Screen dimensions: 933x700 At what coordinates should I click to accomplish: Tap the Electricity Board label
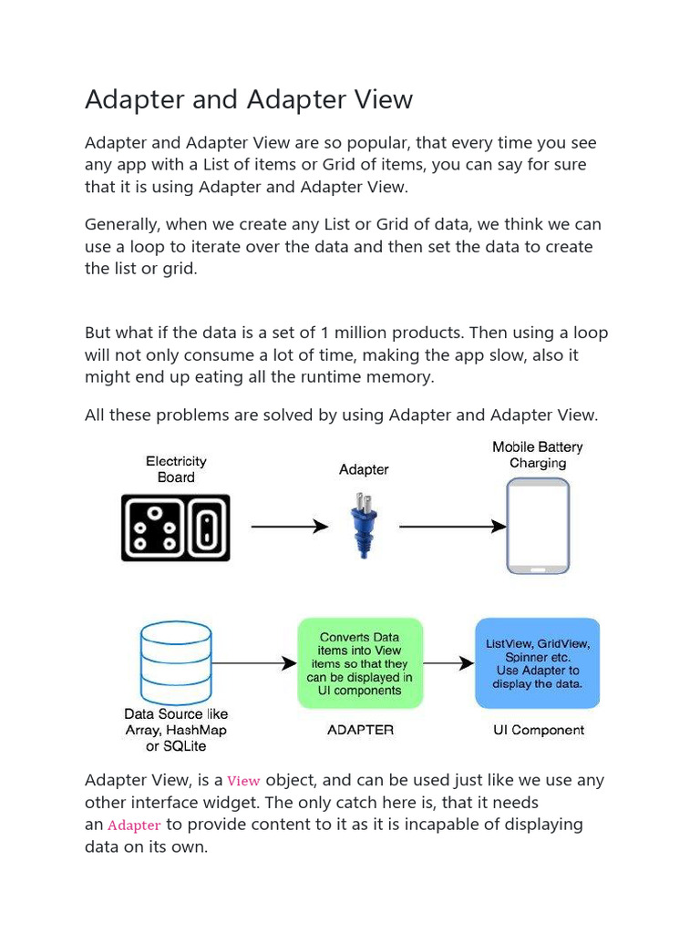pos(176,469)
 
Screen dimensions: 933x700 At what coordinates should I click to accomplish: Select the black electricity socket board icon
pos(176,528)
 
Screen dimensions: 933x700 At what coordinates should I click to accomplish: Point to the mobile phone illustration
pos(538,527)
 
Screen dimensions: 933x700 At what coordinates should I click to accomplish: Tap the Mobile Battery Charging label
pos(538,455)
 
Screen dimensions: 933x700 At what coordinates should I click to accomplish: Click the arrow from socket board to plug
pos(289,527)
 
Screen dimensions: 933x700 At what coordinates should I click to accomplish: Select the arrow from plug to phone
pos(452,527)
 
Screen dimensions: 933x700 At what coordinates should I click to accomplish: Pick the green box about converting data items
pos(361,663)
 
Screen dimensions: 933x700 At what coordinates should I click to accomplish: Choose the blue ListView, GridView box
pos(538,663)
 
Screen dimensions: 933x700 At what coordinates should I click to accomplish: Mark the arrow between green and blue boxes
pos(448,664)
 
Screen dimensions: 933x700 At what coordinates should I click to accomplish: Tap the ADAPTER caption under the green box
pos(360,730)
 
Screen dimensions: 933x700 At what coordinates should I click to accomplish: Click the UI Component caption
pos(539,730)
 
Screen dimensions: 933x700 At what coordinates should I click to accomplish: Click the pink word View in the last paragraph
pos(243,781)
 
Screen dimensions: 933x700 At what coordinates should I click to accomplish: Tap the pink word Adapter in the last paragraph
pos(134,825)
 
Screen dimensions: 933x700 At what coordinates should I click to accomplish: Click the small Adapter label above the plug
pos(364,469)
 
